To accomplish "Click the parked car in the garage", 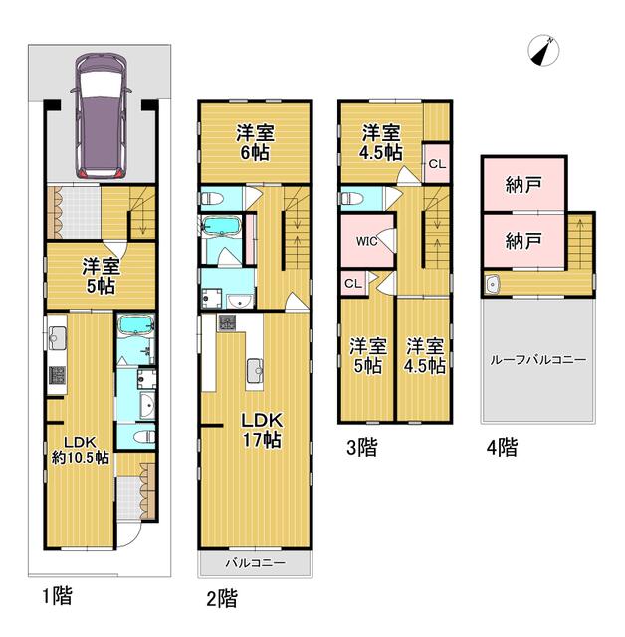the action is tap(101, 115).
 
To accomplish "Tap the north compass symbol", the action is tap(543, 51).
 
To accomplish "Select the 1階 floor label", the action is tap(58, 596).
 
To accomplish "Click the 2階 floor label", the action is tap(222, 598).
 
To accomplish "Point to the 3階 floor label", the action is tap(362, 447).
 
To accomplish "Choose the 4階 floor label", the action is tap(503, 447).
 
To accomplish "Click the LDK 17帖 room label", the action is tap(262, 430).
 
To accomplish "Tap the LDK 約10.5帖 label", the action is tap(80, 450).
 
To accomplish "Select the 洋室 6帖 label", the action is tap(255, 143).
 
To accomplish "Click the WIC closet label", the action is tap(366, 241).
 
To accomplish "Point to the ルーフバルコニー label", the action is tap(538, 360).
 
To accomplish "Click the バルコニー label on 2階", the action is tap(256, 563).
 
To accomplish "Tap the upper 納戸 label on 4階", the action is tap(523, 185).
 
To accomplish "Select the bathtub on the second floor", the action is tap(221, 226).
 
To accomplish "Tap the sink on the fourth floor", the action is tap(492, 284).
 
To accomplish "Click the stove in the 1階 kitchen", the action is tap(58, 375).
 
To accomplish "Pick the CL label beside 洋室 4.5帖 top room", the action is tap(437, 164).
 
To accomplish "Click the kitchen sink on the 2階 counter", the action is tap(255, 371).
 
